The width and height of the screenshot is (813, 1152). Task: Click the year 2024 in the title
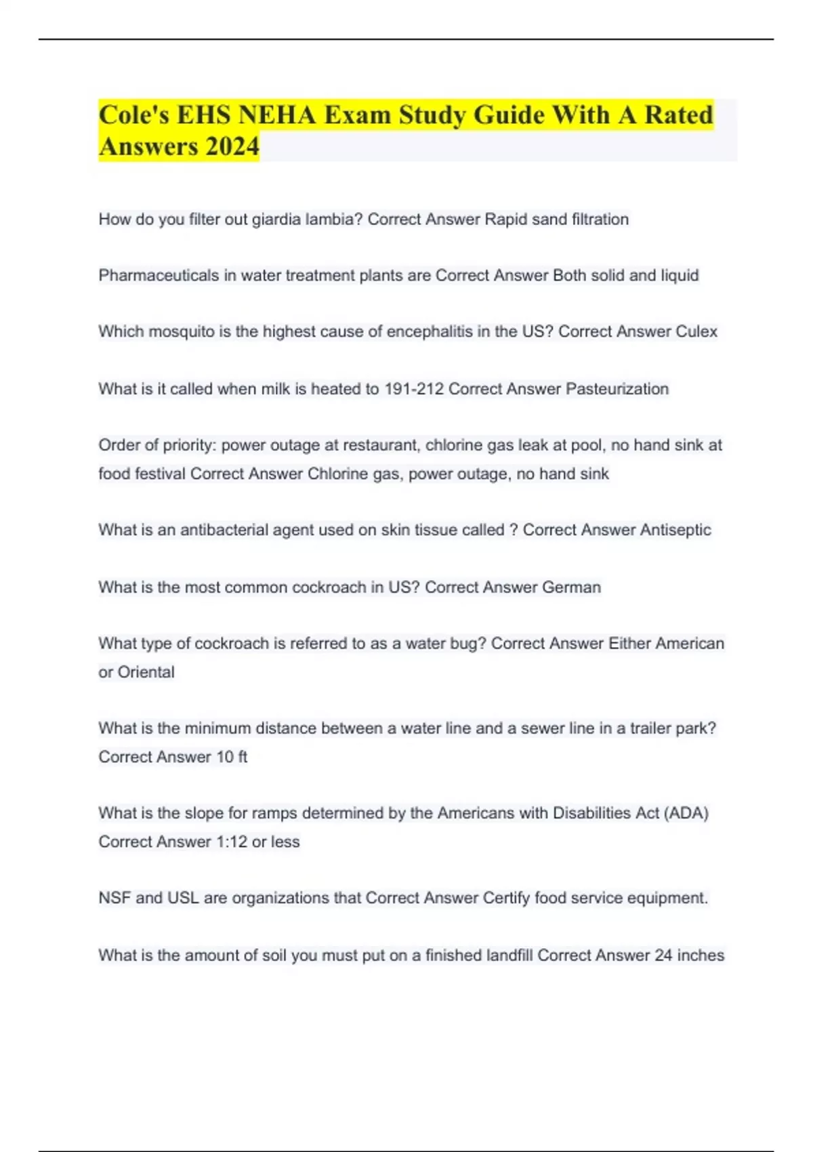(233, 146)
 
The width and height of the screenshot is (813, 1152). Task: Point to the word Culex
(696, 331)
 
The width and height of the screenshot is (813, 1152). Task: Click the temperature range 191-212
(414, 389)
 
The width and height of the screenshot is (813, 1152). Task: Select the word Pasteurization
(617, 389)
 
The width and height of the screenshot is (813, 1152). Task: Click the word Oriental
(146, 672)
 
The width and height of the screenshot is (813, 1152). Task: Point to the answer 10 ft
(232, 757)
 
